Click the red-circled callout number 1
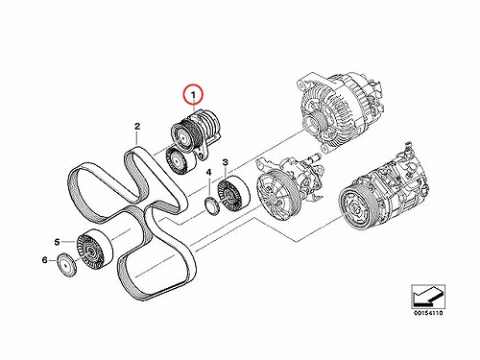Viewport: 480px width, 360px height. coord(193,95)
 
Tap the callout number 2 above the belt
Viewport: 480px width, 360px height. coord(137,127)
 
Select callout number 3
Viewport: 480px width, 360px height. coord(226,162)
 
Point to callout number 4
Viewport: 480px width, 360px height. coord(208,173)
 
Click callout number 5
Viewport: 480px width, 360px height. coord(57,242)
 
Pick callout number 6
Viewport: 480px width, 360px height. coord(44,260)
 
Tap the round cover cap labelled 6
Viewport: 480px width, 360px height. coord(67,265)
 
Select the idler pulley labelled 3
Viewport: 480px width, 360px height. coord(233,194)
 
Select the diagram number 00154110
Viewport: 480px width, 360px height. coord(428,313)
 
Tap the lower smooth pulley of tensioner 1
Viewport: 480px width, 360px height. coord(180,160)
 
